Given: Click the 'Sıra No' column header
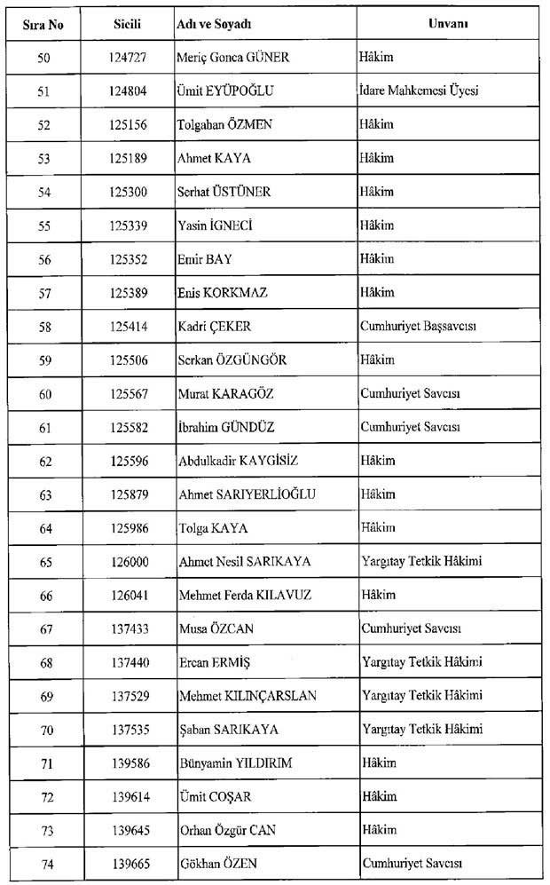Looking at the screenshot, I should coord(44,25).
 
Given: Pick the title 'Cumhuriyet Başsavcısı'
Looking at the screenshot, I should coord(419,327).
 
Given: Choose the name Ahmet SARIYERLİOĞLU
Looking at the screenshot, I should coord(247,494).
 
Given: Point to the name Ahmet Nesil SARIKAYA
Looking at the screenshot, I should coord(245,561).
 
